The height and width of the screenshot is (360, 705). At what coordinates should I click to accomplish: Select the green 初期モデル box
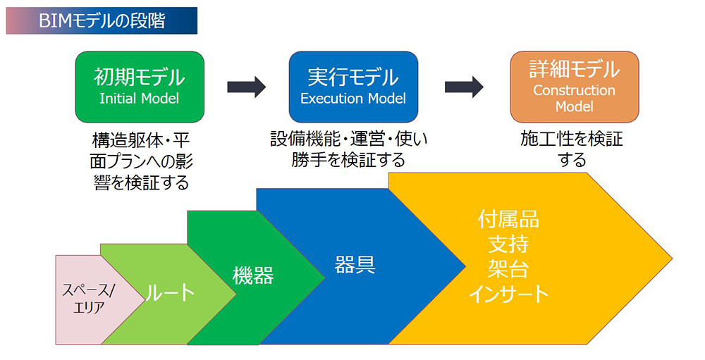click(140, 86)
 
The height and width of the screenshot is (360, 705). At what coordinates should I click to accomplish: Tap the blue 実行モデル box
click(353, 86)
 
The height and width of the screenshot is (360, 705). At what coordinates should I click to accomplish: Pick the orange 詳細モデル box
click(574, 86)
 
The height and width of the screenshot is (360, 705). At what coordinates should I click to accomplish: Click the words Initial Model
click(140, 99)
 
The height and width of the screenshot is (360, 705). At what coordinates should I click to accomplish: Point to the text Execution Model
click(353, 99)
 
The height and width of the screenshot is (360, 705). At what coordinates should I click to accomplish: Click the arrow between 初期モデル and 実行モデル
click(246, 87)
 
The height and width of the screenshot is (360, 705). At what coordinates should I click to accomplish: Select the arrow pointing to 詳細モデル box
click(463, 87)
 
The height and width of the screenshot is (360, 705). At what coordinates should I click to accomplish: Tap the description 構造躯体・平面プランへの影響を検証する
click(141, 161)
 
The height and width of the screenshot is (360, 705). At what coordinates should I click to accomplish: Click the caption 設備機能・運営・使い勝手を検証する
click(349, 149)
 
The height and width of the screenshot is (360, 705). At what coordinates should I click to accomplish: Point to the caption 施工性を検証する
click(572, 149)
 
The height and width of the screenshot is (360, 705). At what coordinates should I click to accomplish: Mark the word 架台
click(508, 268)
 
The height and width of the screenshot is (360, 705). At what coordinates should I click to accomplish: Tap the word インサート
click(508, 294)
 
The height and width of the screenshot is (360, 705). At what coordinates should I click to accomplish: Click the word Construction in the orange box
click(574, 90)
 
